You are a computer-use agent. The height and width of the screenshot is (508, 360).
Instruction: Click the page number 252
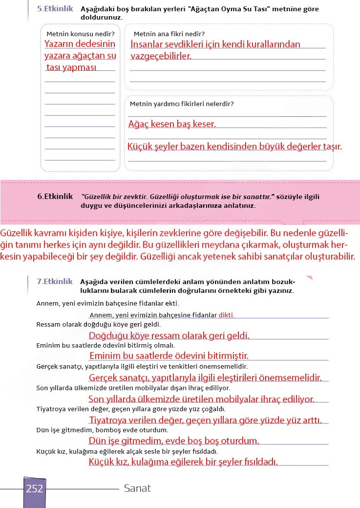coord(35,488)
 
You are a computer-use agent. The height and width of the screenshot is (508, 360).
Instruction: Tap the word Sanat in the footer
coord(137,488)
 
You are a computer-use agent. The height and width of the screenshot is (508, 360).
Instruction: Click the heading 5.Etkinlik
coord(55,9)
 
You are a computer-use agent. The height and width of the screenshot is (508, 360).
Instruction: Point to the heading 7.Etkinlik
coord(55,282)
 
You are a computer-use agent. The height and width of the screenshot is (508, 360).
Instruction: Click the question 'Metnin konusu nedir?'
coord(80,34)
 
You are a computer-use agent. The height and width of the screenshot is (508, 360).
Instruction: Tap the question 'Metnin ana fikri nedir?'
coord(169,34)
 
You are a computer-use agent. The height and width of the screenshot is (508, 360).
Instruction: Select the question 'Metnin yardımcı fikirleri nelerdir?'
coord(182,104)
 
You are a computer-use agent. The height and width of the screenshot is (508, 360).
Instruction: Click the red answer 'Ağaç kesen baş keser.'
coord(171,124)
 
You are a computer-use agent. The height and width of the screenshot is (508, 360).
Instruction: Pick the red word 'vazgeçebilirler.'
coord(161,56)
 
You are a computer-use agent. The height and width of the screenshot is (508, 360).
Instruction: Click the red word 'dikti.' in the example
coord(226,315)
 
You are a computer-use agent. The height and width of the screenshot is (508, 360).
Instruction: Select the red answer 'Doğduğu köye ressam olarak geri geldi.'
coord(169,336)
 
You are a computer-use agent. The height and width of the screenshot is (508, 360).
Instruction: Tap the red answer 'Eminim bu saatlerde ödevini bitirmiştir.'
coord(169,355)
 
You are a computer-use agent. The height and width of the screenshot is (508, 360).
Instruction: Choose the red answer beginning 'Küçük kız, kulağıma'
coord(183,462)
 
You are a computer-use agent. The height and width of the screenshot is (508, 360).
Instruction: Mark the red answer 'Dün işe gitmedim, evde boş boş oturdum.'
coord(174,441)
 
